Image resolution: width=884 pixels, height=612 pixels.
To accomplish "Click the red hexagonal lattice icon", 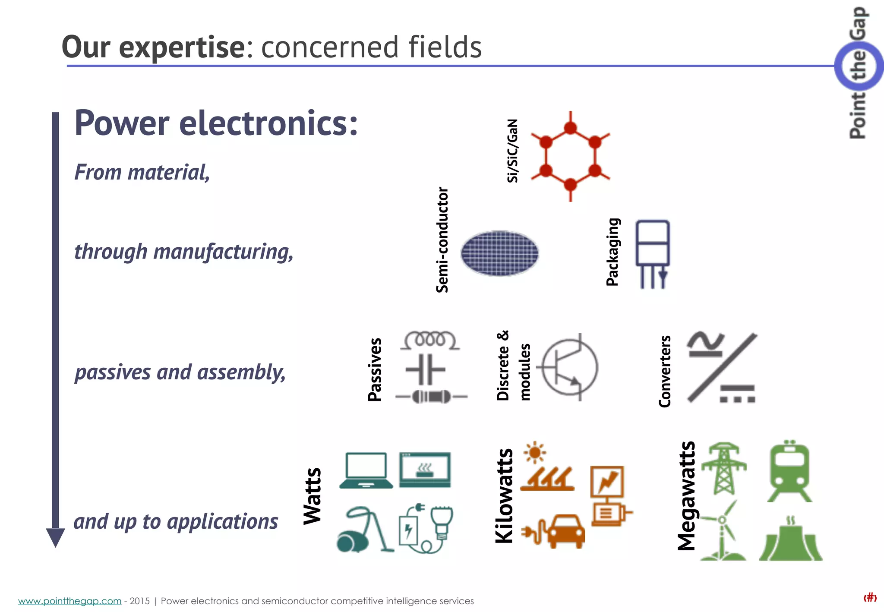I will point(570,156).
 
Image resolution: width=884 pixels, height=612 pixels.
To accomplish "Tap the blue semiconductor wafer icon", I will point(499,253).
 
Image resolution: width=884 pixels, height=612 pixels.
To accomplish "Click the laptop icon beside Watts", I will point(366,470).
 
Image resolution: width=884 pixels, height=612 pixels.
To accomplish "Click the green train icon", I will point(789,471).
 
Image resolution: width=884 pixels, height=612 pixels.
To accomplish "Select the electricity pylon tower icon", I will point(724,468).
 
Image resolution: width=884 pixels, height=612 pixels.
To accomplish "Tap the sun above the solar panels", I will point(535,452).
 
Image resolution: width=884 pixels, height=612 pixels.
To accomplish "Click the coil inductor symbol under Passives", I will point(430,340).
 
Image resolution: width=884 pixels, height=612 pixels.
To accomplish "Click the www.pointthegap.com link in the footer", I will point(69,601).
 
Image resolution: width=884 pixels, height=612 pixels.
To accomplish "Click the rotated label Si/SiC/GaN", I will point(512,151).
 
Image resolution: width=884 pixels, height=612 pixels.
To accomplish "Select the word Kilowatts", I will point(504,495).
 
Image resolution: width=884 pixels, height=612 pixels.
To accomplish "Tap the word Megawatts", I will point(686,496).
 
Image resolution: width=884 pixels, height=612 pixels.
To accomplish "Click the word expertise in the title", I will point(182,47).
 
